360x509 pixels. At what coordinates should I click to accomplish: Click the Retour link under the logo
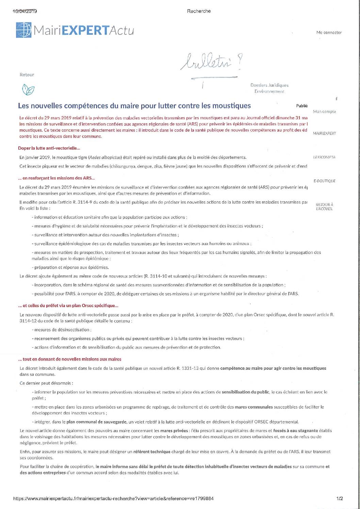(x=27, y=75)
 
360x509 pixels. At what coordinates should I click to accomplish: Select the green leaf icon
(x=28, y=90)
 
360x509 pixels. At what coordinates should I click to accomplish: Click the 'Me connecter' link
(x=329, y=33)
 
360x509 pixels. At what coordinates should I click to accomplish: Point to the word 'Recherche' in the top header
(x=199, y=11)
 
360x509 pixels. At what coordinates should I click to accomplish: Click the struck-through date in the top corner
(x=24, y=11)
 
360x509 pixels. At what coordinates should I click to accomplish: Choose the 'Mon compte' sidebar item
(x=324, y=112)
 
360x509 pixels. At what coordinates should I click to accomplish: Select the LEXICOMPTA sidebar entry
(x=324, y=157)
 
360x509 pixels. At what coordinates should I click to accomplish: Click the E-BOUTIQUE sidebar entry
(x=324, y=181)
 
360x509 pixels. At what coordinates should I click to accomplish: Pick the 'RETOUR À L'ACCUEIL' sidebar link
(x=324, y=207)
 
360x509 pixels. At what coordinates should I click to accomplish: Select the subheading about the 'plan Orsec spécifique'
(x=68, y=305)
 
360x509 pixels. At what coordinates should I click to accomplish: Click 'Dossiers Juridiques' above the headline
(x=269, y=85)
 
